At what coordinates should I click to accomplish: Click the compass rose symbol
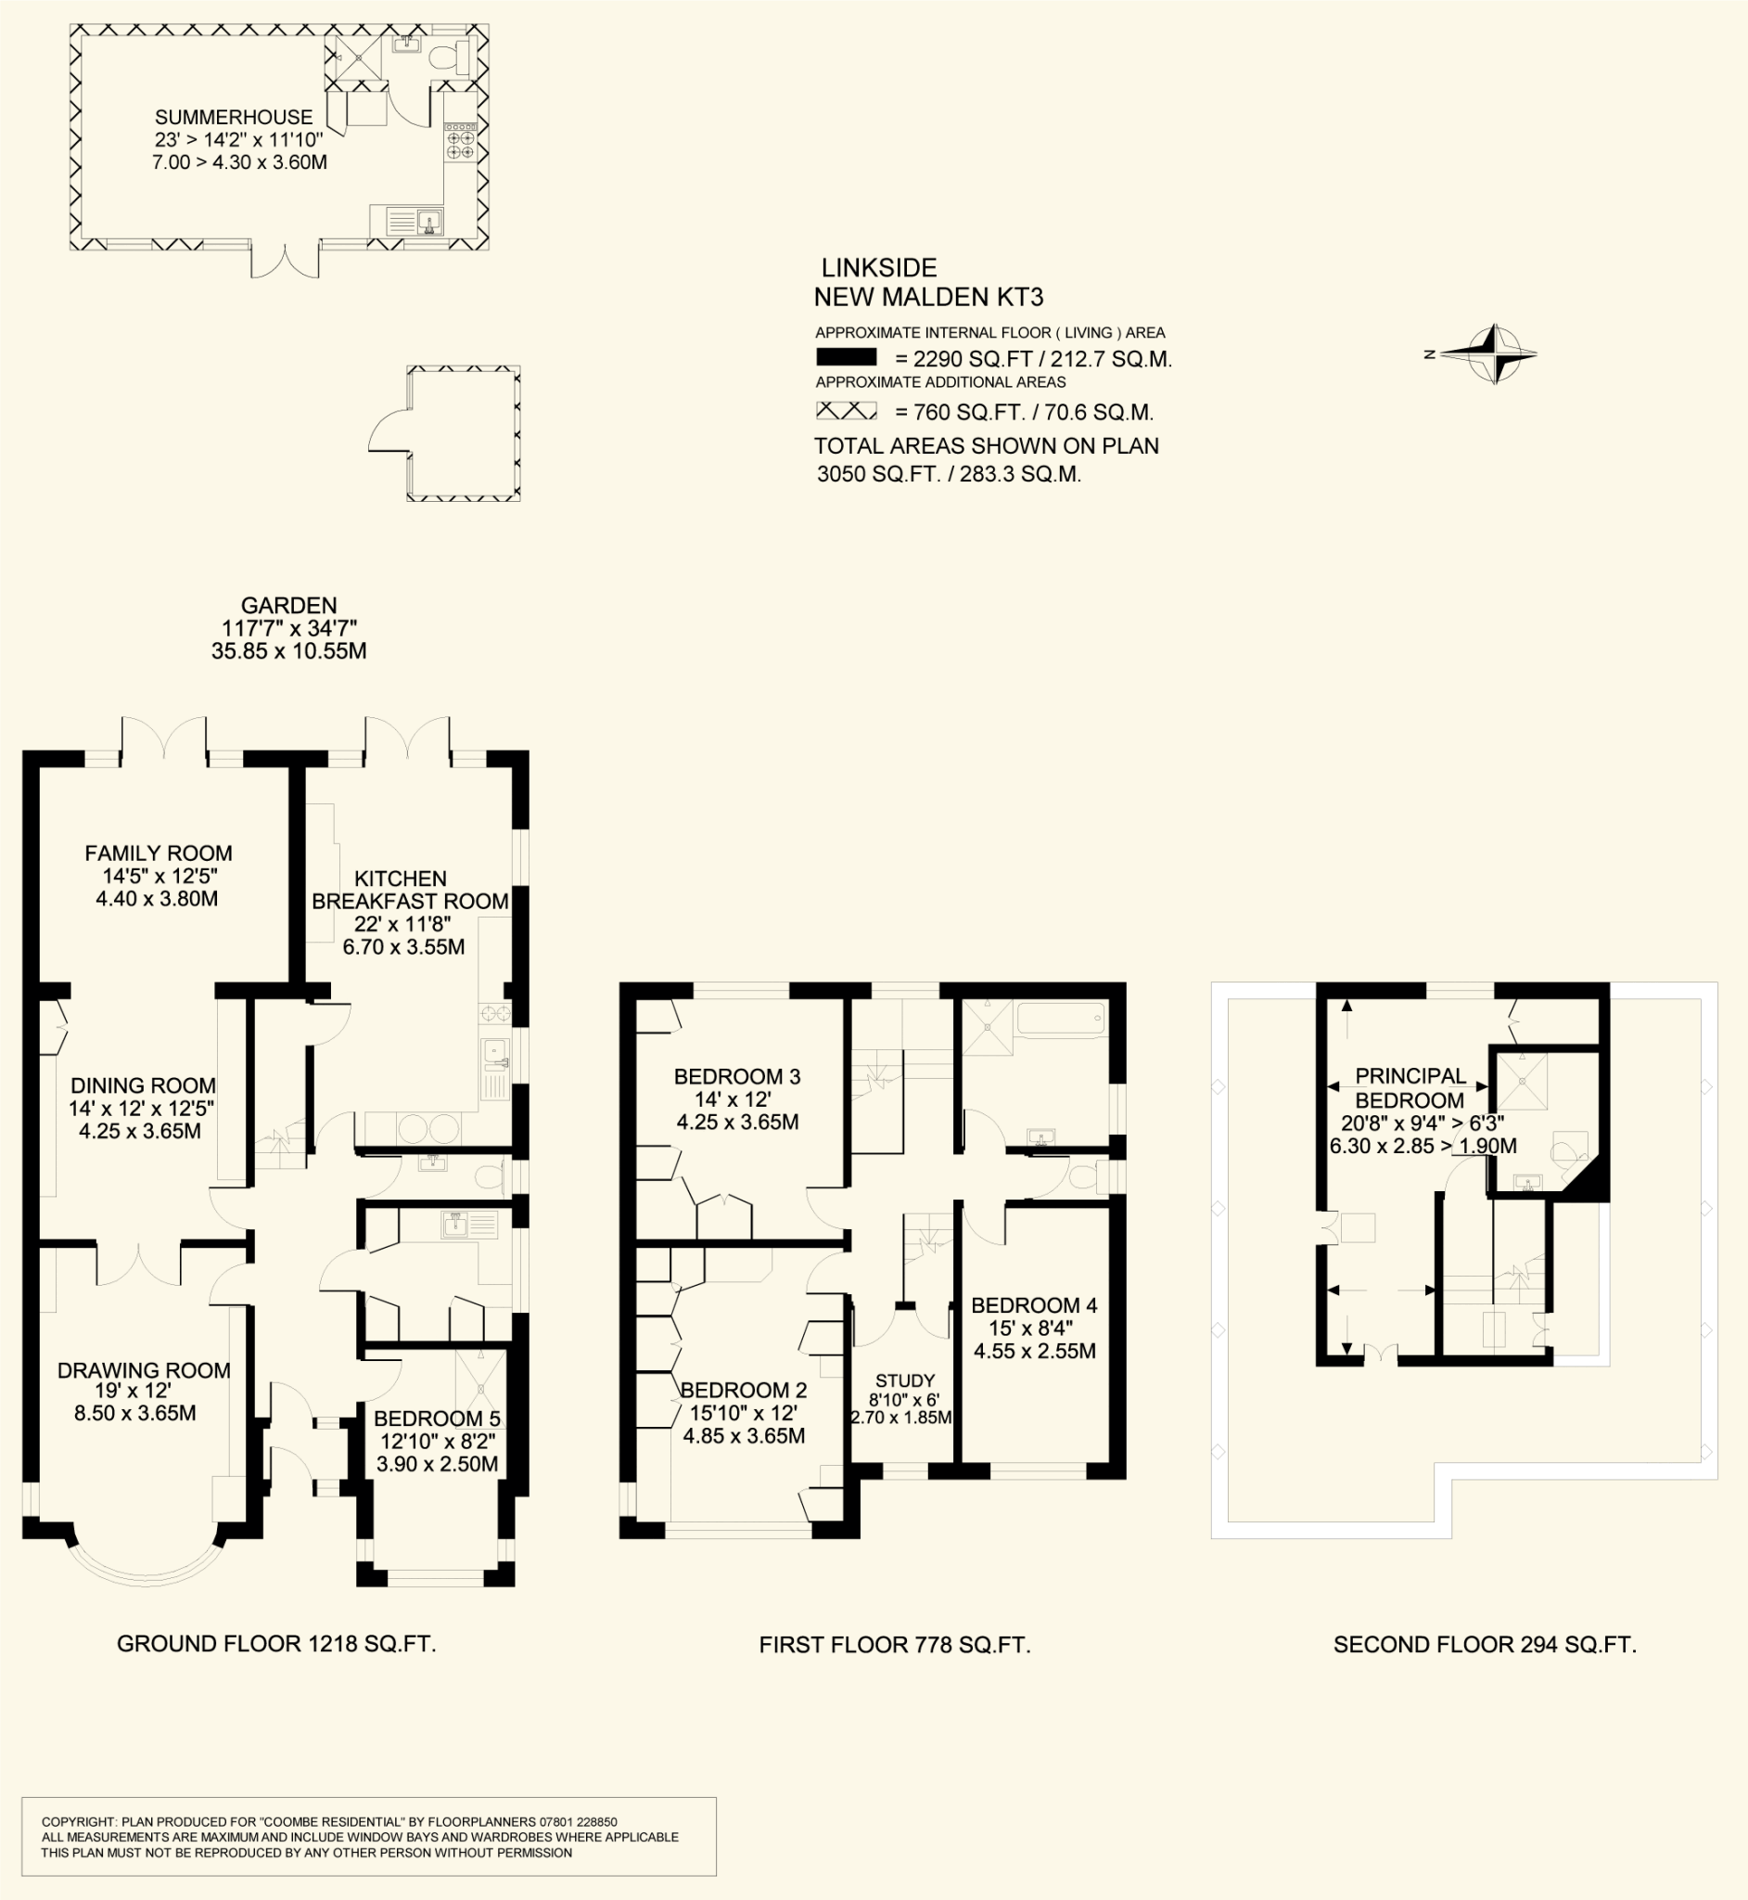[x=1493, y=353]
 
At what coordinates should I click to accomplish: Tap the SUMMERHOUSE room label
[x=234, y=117]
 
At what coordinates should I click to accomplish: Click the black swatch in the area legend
[x=846, y=358]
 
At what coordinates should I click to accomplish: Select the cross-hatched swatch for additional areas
[x=846, y=411]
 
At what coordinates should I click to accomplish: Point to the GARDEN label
[x=288, y=606]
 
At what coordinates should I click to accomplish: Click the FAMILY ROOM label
[x=158, y=854]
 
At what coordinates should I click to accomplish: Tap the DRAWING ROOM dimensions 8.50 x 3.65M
[x=135, y=1414]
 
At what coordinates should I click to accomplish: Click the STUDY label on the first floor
[x=905, y=1380]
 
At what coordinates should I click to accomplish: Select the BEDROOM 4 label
[x=1034, y=1305]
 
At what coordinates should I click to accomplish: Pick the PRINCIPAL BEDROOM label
[x=1410, y=1088]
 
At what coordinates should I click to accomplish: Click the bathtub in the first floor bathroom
[x=1060, y=1019]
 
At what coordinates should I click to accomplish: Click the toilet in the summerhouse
[x=448, y=57]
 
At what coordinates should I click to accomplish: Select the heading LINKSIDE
[x=879, y=268]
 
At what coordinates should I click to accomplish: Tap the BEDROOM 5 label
[x=437, y=1419]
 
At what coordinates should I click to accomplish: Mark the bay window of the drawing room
[x=147, y=1566]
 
